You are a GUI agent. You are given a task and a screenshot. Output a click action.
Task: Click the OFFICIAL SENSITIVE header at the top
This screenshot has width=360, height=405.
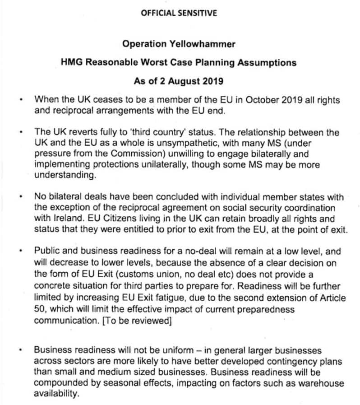click(x=179, y=13)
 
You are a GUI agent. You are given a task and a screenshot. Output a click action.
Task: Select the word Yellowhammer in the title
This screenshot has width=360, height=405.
click(x=206, y=44)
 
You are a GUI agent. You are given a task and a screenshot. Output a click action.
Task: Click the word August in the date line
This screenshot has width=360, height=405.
click(x=183, y=81)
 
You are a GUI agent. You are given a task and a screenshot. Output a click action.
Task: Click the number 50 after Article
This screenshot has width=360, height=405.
click(x=40, y=309)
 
